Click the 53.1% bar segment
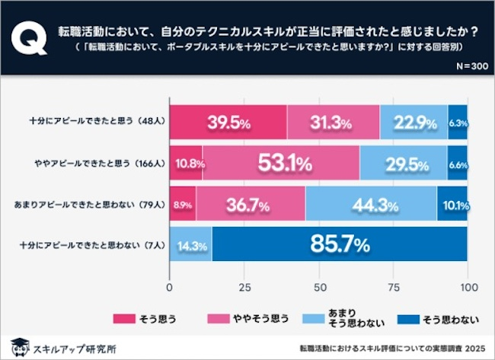(281, 164)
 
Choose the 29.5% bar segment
(404, 164)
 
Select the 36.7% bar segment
(251, 205)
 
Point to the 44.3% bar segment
(371, 205)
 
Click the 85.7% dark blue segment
(340, 245)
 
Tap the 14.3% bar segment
(190, 245)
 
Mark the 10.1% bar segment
(452, 205)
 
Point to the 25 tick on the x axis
(244, 287)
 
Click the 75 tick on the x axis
(393, 287)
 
